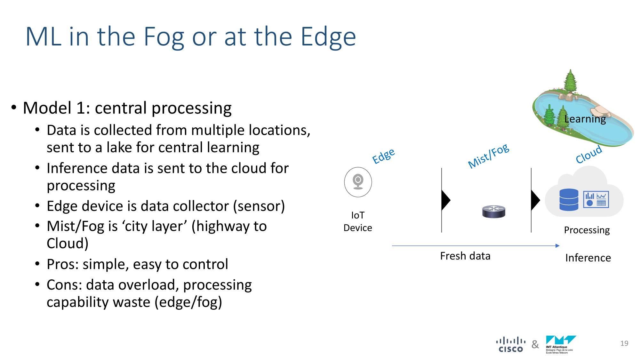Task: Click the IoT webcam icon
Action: pos(358,182)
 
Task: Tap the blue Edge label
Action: pos(383,156)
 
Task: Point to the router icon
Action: pos(494,212)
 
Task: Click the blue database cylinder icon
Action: pos(569,200)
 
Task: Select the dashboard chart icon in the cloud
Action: pos(596,199)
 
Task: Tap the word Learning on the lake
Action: pos(585,119)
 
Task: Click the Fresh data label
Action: pos(465,256)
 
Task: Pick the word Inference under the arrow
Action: pos(588,258)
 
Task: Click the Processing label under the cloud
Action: pos(587,230)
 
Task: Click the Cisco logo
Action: pos(511,345)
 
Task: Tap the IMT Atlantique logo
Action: pos(561,345)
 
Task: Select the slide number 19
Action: pos(624,343)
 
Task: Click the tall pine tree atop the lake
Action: pos(570,81)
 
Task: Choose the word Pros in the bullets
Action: pos(62,264)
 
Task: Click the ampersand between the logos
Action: pos(535,344)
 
